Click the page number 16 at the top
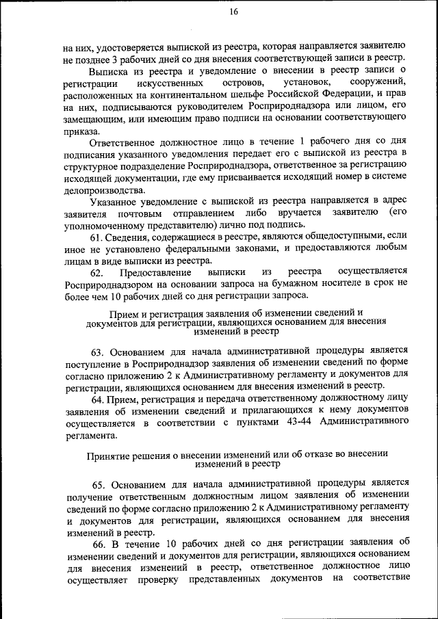click(233, 12)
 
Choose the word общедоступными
click(344, 236)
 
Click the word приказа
click(81, 131)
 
